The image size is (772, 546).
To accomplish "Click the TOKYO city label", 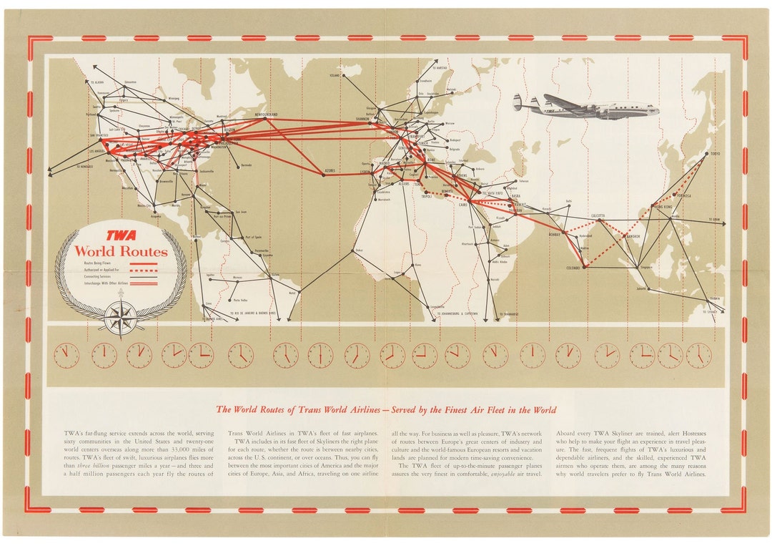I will tap(715, 154).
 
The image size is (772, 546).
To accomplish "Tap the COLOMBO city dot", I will tap(584, 268).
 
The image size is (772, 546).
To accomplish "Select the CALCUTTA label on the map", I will tap(597, 215).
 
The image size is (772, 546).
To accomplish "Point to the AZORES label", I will tap(330, 171).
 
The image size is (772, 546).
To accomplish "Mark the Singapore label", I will tap(646, 266).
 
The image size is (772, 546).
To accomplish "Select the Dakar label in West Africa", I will tap(358, 250).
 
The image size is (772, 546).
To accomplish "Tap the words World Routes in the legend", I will tap(121, 251).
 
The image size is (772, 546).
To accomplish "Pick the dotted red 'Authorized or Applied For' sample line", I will tap(145, 271).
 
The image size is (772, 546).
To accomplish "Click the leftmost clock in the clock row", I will tap(66, 354).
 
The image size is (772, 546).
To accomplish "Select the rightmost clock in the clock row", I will tap(698, 354).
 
